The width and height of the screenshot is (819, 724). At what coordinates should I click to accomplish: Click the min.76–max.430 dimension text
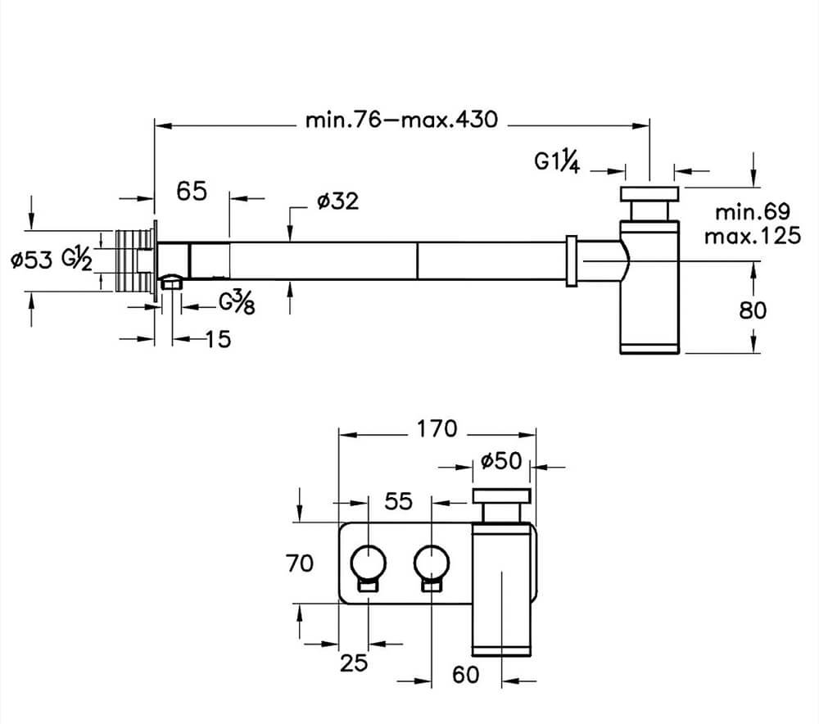401,120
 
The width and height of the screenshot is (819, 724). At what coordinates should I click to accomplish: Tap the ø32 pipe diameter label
338,201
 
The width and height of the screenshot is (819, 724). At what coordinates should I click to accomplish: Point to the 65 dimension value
192,191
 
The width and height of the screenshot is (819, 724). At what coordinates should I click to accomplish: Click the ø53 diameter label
31,260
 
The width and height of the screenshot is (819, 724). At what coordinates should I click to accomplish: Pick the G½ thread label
77,259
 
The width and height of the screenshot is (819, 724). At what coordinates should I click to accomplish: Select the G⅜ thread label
237,303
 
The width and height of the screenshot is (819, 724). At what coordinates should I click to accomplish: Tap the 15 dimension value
219,340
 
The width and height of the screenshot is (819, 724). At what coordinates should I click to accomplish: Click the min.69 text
753,212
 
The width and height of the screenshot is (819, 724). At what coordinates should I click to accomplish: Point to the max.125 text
752,236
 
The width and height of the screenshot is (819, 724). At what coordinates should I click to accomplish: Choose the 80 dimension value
753,310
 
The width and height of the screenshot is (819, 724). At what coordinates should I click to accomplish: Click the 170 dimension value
437,429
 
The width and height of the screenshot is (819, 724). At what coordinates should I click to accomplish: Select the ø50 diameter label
501,461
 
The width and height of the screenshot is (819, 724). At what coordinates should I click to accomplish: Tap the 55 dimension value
399,501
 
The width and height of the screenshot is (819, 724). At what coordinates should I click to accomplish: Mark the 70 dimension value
300,563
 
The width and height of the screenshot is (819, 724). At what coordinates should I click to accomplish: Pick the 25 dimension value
354,663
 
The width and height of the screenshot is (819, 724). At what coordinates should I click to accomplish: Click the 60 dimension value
465,675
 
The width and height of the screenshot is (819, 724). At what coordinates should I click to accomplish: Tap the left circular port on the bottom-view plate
368,563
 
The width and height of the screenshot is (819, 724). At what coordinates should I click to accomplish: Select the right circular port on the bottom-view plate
432,563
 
